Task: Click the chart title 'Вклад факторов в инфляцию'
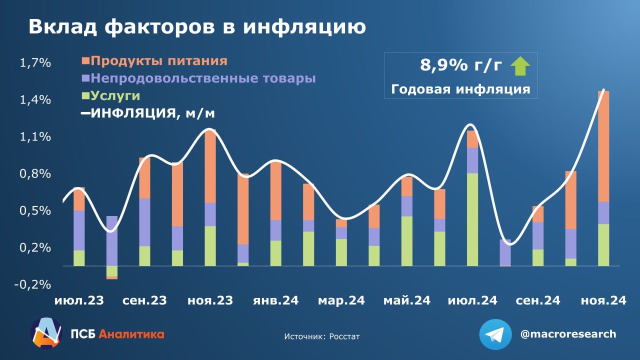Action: tap(196, 27)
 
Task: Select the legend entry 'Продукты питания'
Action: tap(159, 61)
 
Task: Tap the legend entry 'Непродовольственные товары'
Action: tap(203, 78)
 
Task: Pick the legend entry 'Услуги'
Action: tap(115, 96)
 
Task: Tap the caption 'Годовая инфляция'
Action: tap(460, 89)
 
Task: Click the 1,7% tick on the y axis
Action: tap(35, 63)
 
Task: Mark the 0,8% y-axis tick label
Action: tap(35, 174)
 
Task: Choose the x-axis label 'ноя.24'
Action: tap(603, 300)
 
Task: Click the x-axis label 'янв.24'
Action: tap(275, 300)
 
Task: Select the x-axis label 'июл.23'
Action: tap(79, 300)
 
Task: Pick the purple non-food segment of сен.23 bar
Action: tap(144, 222)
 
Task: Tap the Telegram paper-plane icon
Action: tap(495, 334)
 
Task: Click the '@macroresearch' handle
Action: tap(568, 334)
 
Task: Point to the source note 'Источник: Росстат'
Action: tap(321, 336)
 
